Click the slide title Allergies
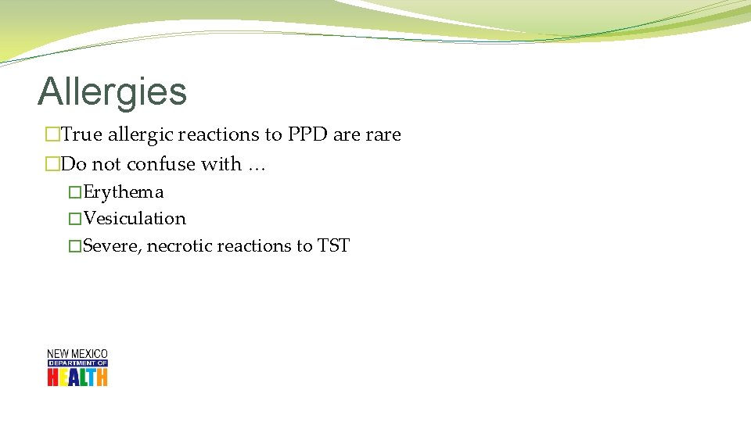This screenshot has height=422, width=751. pos(112,91)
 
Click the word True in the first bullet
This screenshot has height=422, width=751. pos(81,134)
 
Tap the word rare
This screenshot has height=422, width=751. pos(383,134)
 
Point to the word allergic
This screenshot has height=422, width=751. pos(141,134)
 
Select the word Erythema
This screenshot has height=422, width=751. pos(124,192)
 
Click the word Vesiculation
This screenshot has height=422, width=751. pos(135,219)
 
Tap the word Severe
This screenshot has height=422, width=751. pos(112,246)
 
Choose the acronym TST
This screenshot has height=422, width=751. pos(333,246)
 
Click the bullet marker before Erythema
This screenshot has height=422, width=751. pos(74,192)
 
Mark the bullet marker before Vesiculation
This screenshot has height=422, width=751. pos(74,219)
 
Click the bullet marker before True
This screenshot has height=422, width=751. pos(52,135)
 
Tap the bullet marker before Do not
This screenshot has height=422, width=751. pos(52,165)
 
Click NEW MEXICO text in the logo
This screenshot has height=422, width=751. pos(77,354)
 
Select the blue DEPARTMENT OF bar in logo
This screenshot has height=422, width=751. pos(77,363)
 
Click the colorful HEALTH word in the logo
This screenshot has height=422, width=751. pos(77,377)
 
